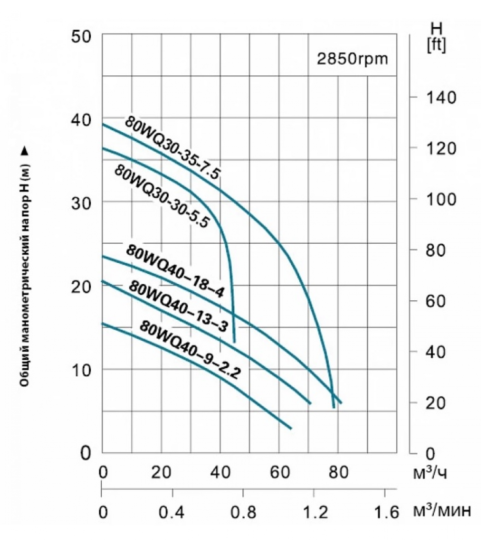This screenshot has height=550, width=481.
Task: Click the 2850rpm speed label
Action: point(352,59)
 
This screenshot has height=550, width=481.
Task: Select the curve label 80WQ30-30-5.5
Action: point(161,196)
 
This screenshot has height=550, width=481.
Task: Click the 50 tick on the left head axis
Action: point(81,36)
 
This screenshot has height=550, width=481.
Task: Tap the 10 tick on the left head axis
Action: point(81,370)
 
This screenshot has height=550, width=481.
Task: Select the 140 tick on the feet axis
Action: point(437,98)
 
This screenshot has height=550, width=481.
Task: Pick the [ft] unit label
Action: point(436,45)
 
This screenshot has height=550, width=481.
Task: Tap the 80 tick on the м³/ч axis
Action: point(338,473)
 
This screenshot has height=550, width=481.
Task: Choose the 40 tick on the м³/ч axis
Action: point(220,473)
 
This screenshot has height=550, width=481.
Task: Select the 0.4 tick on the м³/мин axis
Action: point(172,513)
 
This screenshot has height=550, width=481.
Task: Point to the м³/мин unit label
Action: point(442,512)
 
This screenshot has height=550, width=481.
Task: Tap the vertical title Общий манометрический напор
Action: point(25,268)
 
